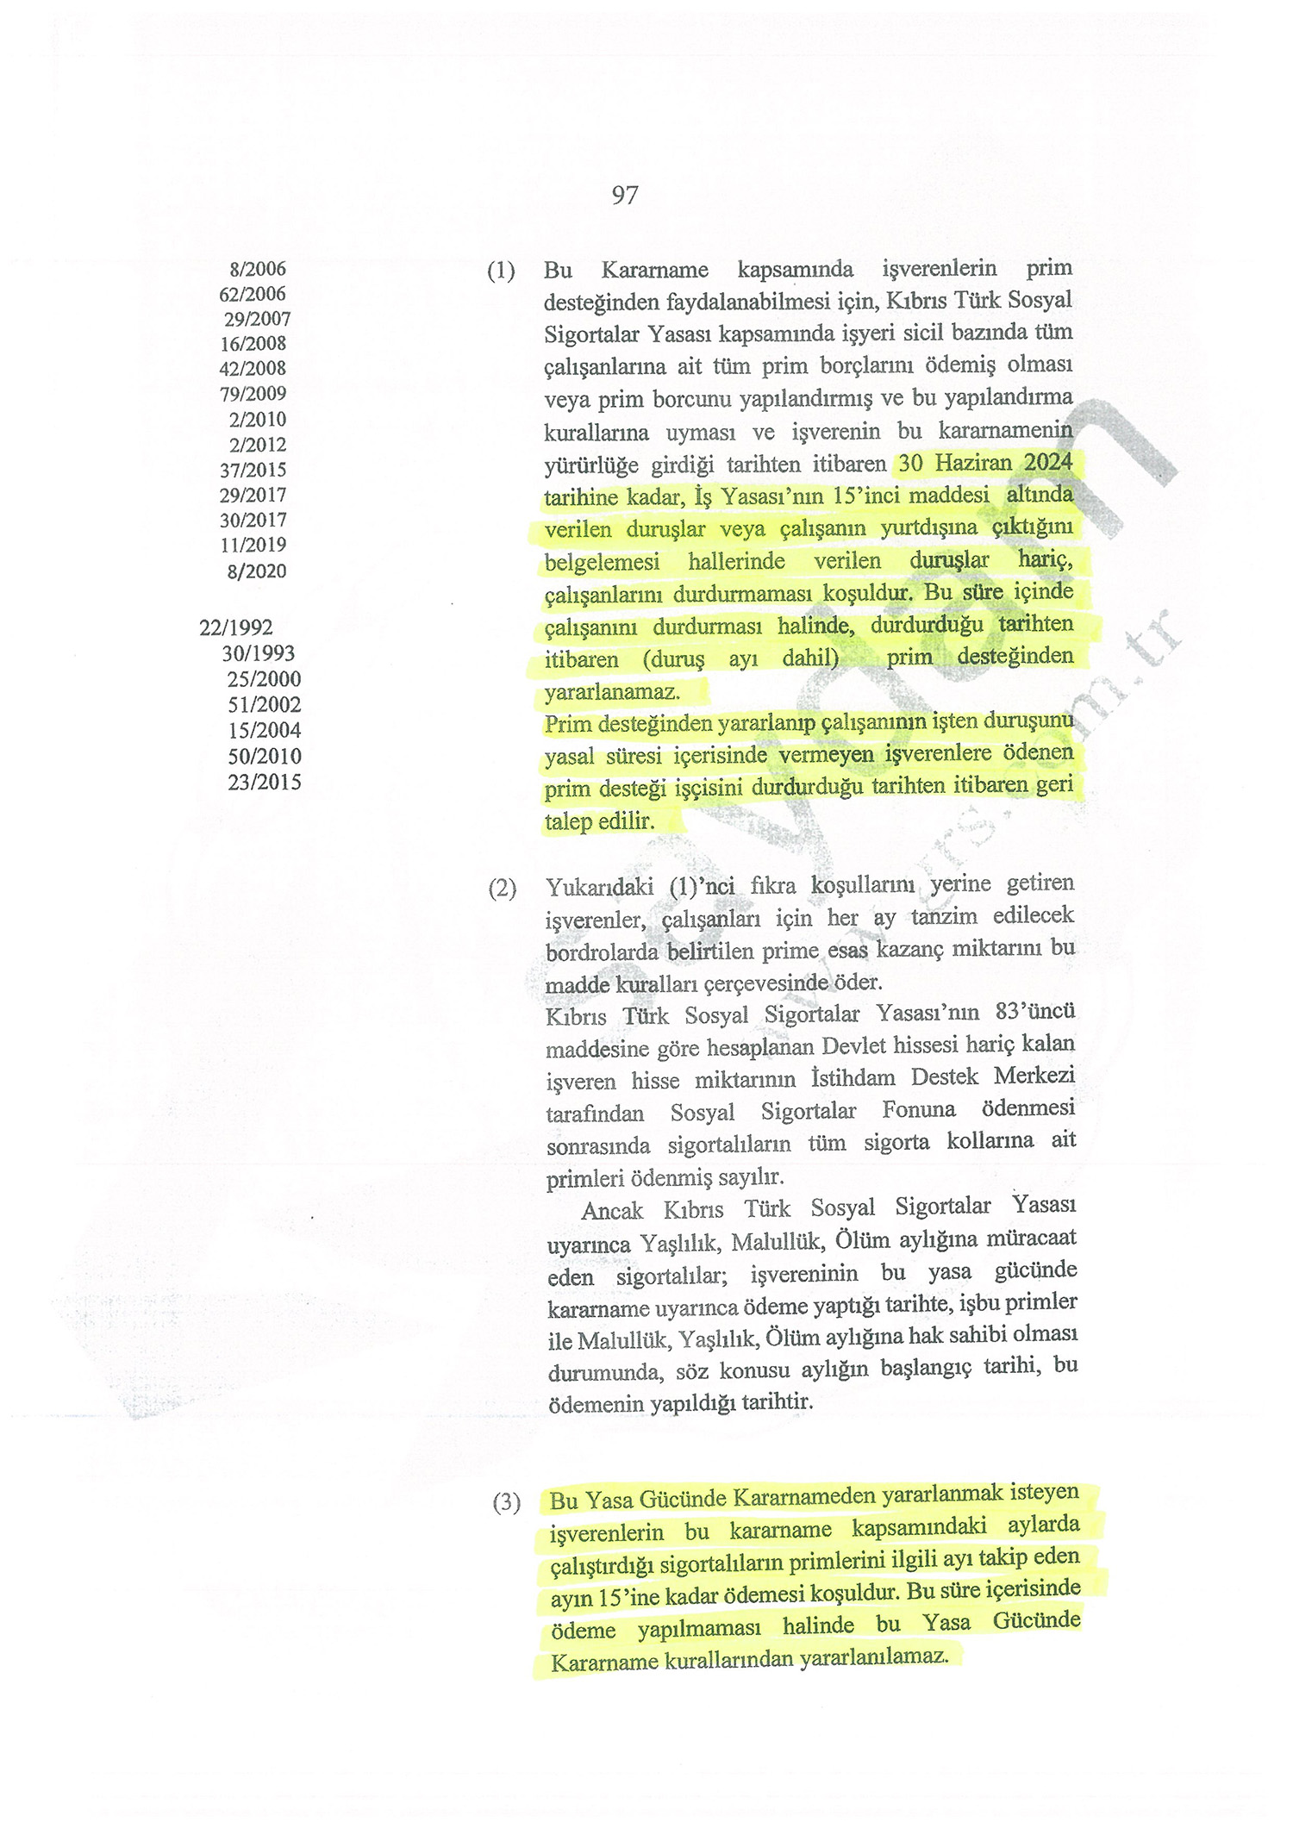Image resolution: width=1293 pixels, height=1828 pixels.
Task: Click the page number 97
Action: click(625, 196)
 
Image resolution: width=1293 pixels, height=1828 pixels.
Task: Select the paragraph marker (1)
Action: click(501, 271)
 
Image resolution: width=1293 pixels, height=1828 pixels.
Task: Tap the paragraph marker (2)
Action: click(503, 889)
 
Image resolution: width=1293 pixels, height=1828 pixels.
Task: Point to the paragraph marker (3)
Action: click(507, 1502)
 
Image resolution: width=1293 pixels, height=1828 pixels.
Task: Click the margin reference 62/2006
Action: click(252, 295)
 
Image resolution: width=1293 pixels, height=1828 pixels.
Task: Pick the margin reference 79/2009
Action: click(253, 394)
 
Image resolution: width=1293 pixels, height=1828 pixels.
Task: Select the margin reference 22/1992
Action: click(235, 627)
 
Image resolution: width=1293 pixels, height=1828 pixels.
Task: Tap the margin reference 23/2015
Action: click(264, 783)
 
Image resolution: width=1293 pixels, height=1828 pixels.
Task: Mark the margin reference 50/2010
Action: click(264, 757)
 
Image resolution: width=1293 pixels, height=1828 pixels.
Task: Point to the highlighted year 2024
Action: click(1047, 462)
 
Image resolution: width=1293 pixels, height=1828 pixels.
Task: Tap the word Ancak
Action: click(612, 1210)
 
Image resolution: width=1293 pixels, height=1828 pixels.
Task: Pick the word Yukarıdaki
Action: click(599, 887)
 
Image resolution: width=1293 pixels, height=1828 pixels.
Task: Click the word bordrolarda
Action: click(601, 951)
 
